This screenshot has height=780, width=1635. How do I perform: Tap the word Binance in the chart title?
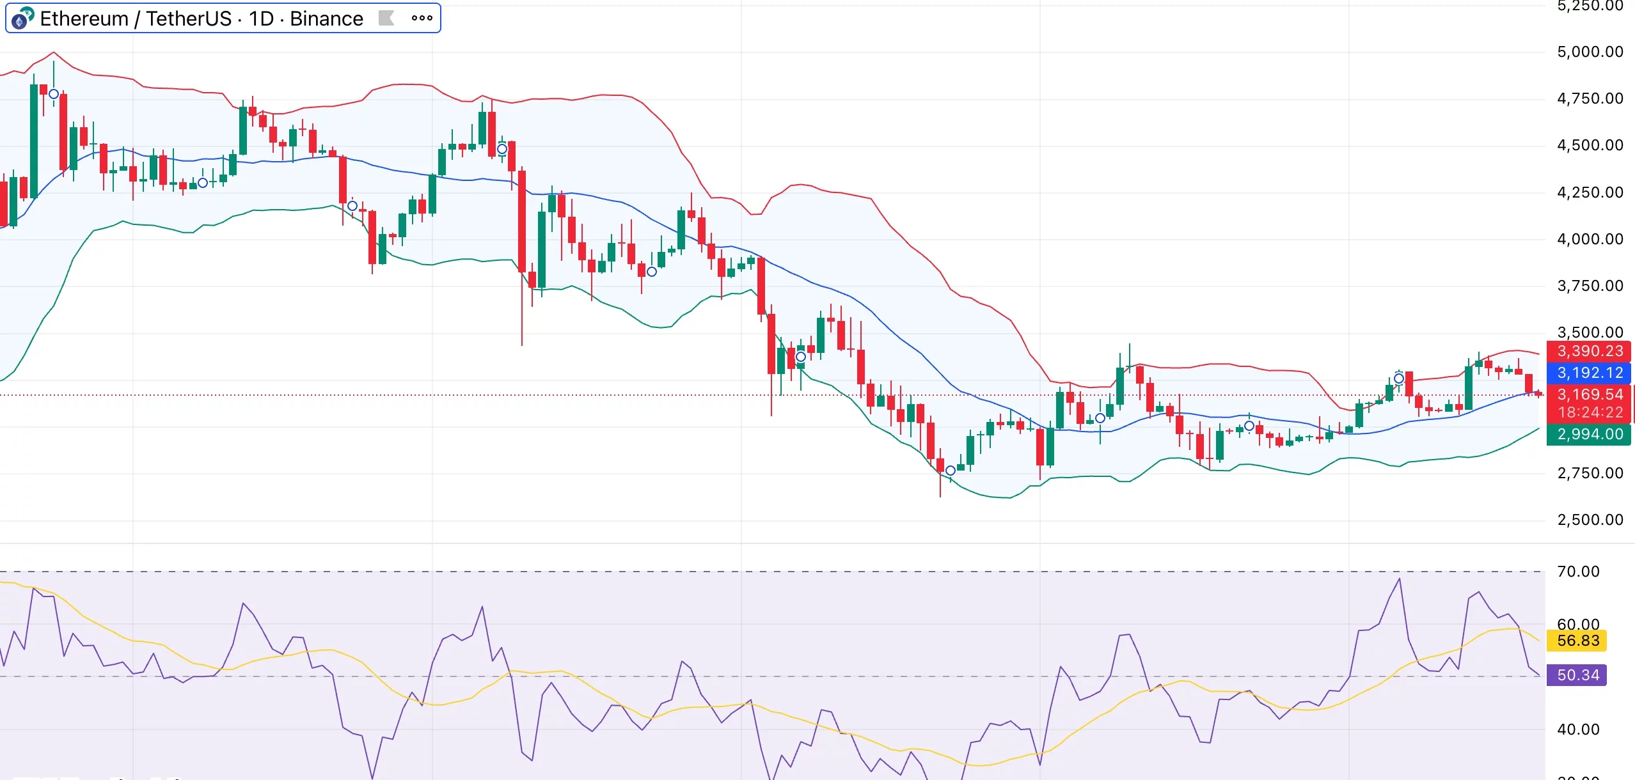point(326,19)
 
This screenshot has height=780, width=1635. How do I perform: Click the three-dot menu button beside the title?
point(422,19)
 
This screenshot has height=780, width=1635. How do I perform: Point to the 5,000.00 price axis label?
point(1590,52)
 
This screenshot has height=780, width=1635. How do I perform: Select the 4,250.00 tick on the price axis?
point(1590,192)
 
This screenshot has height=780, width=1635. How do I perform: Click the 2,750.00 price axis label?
point(1590,473)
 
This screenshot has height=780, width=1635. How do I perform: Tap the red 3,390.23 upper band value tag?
point(1590,351)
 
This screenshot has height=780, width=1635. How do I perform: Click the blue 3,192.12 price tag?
point(1590,373)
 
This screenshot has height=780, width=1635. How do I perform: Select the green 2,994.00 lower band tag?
point(1590,434)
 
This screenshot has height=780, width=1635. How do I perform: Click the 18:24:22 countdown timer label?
point(1590,412)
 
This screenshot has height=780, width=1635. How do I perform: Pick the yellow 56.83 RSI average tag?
point(1577,641)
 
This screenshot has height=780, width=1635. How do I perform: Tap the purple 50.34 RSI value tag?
point(1577,675)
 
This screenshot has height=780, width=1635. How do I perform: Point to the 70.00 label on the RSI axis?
point(1577,572)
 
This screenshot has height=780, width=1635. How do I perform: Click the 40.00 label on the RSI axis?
point(1577,729)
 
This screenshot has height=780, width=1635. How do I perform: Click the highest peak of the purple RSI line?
point(1400,579)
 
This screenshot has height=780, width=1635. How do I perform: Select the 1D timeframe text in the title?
point(261,19)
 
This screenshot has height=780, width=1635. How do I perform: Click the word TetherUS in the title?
point(189,19)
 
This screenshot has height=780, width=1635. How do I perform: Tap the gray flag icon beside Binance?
point(386,18)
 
